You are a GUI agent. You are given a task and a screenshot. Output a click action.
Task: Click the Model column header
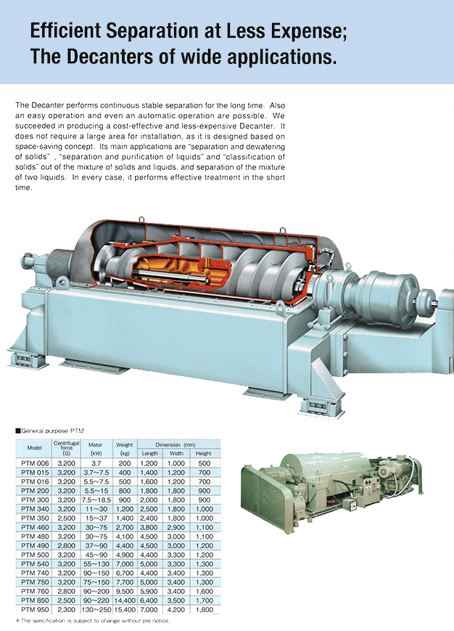tap(35, 447)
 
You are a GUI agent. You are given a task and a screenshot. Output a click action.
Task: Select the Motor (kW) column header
tap(95, 449)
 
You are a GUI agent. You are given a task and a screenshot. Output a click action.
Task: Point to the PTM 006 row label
tap(35, 463)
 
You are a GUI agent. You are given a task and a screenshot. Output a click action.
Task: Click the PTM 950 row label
tap(35, 610)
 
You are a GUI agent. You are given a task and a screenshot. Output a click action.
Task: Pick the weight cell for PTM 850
tap(125, 601)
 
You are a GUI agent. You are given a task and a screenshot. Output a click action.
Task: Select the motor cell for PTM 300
tap(96, 500)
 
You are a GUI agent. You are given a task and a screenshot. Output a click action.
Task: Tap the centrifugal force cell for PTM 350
tap(66, 518)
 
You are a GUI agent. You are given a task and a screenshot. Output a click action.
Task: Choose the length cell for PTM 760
tap(149, 591)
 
